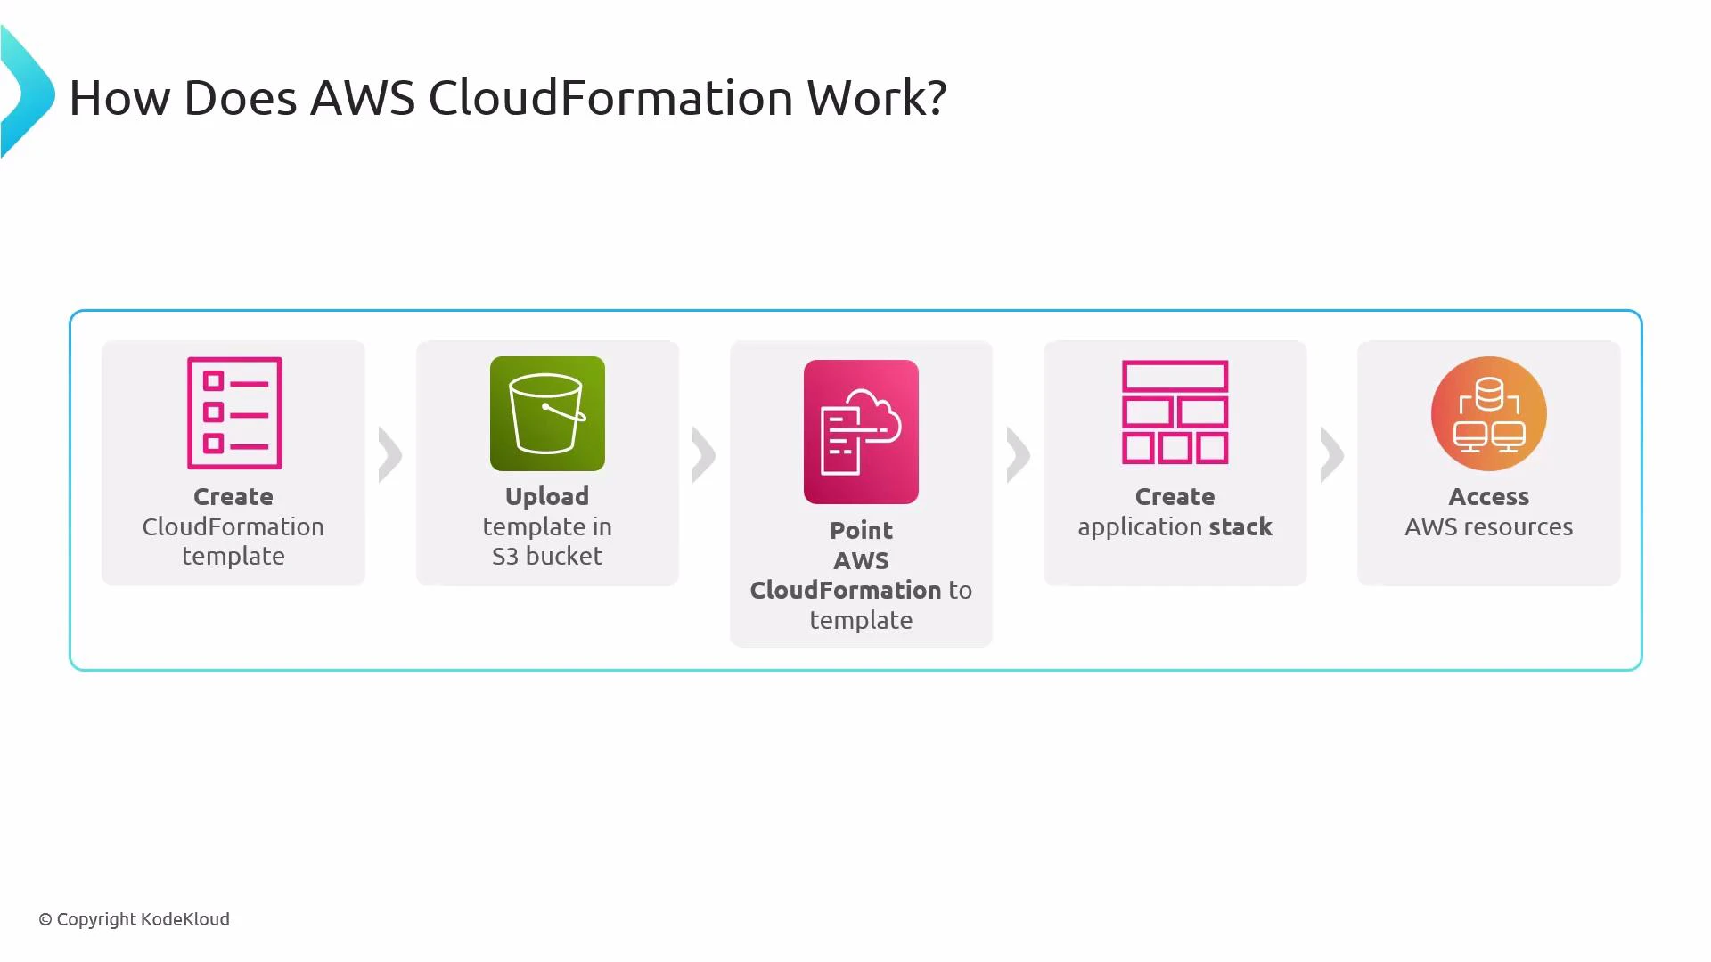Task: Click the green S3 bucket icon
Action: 547,413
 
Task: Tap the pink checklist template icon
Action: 234,412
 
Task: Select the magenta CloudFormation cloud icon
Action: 861,432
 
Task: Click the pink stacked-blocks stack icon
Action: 1175,412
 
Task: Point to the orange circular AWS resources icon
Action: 1488,413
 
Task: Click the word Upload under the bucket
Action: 547,496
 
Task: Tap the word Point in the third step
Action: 861,530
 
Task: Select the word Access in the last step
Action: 1488,496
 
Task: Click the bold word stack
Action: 1240,526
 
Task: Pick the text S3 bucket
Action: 547,556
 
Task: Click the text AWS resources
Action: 1488,526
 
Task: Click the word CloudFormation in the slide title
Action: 610,97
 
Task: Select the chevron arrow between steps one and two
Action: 390,455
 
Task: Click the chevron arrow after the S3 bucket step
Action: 704,455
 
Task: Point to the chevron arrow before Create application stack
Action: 1019,455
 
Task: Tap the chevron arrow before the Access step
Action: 1332,455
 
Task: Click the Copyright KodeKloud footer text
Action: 134,919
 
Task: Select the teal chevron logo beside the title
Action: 27,93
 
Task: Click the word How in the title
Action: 119,97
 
